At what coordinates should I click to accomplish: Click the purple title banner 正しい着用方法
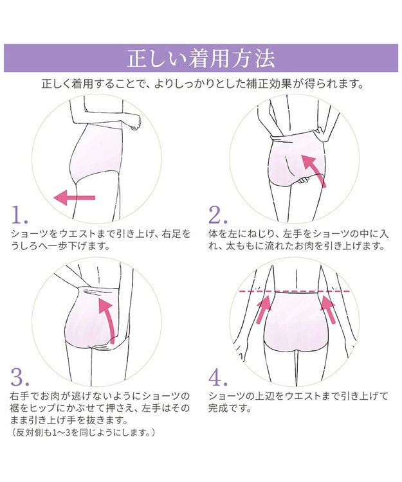click(201, 58)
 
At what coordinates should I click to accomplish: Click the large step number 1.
click(20, 215)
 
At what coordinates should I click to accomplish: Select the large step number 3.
click(20, 377)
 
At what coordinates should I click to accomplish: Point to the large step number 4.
click(219, 377)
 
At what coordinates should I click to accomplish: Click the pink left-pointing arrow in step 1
click(75, 197)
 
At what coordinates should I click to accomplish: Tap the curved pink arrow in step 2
click(313, 170)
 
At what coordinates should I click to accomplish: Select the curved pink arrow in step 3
click(106, 320)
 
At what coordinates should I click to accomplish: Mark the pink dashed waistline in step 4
click(295, 290)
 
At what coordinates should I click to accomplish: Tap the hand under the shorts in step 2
click(304, 180)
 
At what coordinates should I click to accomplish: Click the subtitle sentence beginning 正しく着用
click(203, 84)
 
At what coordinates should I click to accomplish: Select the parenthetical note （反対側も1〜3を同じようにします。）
click(83, 433)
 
